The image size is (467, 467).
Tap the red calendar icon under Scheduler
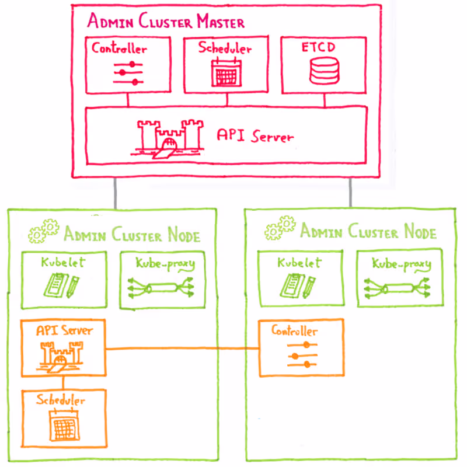225,73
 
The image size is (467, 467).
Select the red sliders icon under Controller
128,73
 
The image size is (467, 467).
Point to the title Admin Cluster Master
166,22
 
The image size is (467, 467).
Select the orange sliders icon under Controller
302,354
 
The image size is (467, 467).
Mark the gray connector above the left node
116,192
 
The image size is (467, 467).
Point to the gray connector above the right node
350,192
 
